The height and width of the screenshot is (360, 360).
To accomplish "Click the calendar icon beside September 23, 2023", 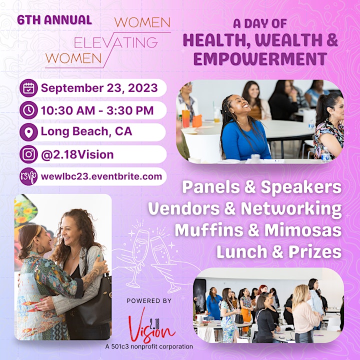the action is (x=28, y=88).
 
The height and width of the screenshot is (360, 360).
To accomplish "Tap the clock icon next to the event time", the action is (x=28, y=110).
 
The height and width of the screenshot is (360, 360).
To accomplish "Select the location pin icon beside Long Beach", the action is (x=28, y=132).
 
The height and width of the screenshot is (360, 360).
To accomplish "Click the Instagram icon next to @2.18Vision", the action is (x=28, y=154).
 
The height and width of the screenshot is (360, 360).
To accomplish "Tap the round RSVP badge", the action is (x=28, y=176).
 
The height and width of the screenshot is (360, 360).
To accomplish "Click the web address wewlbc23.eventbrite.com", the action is (x=101, y=176).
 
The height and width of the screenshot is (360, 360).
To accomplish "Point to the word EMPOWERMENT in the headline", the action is (x=260, y=59).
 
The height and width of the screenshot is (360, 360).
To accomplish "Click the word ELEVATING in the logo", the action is (x=116, y=43).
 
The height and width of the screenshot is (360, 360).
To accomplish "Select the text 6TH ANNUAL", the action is (x=54, y=19).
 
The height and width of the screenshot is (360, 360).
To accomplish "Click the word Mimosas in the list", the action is (x=303, y=230).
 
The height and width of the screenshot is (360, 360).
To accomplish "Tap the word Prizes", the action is (x=315, y=252).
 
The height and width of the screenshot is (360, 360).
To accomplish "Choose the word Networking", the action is (x=291, y=208).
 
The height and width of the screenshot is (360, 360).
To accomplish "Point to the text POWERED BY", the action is (x=149, y=301).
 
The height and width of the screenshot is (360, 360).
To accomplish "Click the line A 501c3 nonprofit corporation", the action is (x=149, y=346).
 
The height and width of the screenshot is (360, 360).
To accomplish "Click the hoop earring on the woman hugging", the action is (x=40, y=249).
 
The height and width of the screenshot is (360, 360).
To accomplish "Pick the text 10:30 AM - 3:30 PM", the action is (x=97, y=110).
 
